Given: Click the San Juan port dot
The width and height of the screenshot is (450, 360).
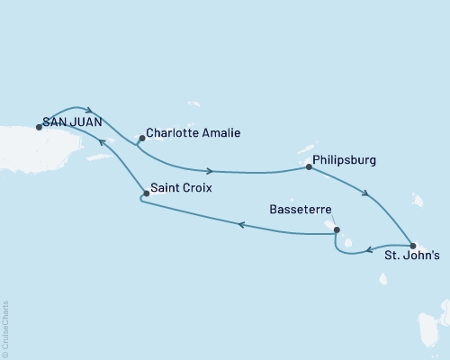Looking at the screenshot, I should (39, 127).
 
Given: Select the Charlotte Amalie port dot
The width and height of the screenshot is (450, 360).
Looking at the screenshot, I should (140, 138).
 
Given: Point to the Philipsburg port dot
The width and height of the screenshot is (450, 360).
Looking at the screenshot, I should (309, 166).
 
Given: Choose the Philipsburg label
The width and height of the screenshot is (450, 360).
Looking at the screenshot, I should (346, 161).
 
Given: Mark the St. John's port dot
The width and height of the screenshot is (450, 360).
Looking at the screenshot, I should (412, 246).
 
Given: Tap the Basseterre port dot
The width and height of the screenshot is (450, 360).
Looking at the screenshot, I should (336, 229).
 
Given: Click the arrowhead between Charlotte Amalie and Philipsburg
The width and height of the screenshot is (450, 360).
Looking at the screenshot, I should (210, 171).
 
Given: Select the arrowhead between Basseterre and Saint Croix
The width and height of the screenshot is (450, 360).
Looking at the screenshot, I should (240, 226).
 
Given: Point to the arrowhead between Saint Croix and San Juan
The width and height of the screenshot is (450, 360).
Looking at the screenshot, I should (101, 142).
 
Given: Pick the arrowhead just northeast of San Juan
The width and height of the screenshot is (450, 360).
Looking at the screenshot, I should (89, 111).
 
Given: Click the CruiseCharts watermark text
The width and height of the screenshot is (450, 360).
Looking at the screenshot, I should (5, 328).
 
